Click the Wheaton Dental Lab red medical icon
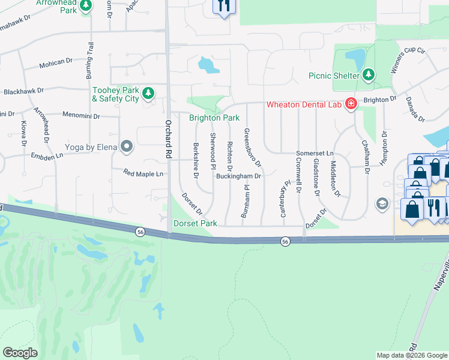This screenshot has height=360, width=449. tap(351, 104)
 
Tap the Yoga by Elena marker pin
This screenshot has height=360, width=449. tap(127, 146)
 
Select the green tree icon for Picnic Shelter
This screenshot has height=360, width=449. tap(369, 76)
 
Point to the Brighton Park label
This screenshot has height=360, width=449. tap(214, 118)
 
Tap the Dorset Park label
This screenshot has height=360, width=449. tap(194, 224)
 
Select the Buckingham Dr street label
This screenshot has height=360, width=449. tap(239, 176)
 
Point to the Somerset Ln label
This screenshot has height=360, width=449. tap(315, 154)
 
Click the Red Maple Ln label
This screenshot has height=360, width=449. tap(143, 174)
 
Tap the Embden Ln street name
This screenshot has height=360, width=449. tap(47, 156)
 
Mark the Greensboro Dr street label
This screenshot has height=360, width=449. tap(252, 147)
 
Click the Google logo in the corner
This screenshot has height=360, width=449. tap(20, 353)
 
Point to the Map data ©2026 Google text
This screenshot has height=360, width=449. tap(412, 355)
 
